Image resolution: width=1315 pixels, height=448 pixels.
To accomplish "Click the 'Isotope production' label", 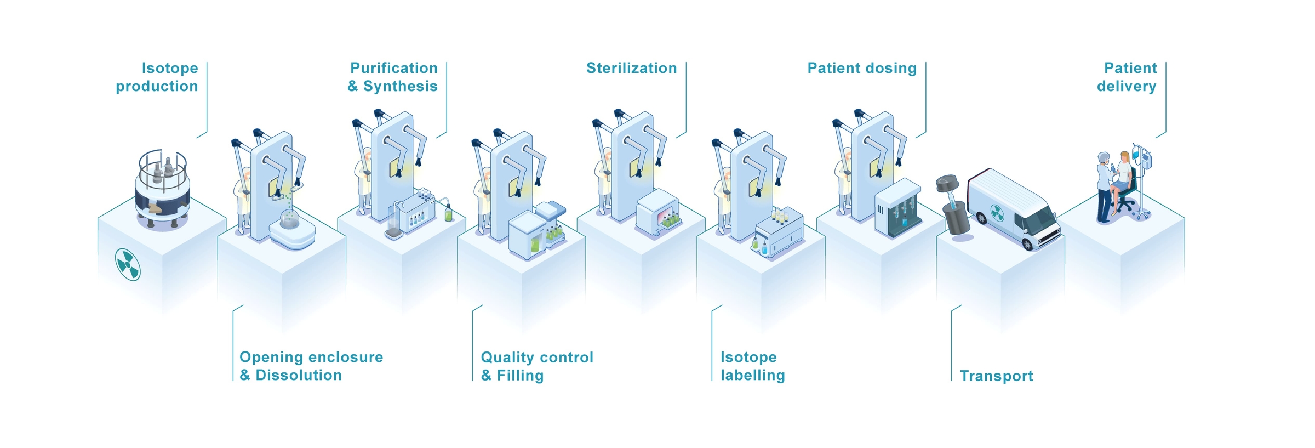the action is tap(157, 77).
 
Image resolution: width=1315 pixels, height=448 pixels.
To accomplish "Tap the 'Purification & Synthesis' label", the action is tap(393, 77).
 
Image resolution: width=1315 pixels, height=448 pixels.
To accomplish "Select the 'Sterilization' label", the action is tap(632, 68).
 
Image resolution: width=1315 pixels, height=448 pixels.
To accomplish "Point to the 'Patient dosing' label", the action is tap(862, 69).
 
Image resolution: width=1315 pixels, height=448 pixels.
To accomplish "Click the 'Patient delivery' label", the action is tap(1127, 77).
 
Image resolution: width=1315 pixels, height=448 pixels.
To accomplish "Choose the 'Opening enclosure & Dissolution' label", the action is tap(311, 366).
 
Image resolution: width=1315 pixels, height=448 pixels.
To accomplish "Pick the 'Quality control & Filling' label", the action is tap(537, 366).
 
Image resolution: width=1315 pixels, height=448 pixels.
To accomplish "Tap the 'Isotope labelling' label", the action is tap(753, 366).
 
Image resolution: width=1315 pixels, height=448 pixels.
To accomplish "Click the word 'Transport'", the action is tap(997, 376).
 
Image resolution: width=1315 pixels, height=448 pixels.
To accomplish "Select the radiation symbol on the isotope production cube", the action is tap(128, 264).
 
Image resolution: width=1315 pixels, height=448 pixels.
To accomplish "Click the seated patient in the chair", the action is tap(1120, 181).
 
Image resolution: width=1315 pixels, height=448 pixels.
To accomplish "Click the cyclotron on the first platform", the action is tap(163, 189).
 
